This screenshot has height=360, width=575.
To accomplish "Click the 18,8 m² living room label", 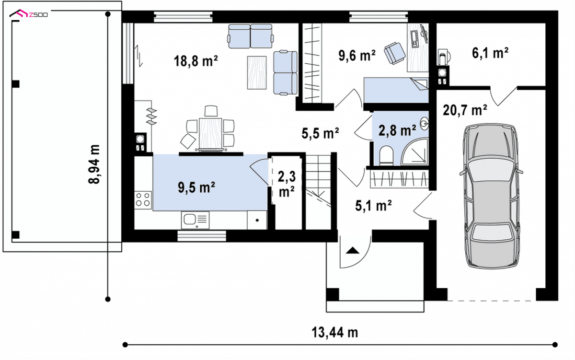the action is click(195, 61).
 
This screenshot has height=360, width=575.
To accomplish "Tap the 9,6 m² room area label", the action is click(357, 55).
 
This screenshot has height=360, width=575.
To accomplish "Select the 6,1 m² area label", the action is click(490, 53).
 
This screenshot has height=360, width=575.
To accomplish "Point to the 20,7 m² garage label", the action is click(465, 110).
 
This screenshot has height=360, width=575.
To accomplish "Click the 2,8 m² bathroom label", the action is click(397, 130).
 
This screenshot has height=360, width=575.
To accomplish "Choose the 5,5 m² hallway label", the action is click(320, 133).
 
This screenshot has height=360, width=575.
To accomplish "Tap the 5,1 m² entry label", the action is click(373, 206).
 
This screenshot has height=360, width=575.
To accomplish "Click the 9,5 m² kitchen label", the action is click(196, 187).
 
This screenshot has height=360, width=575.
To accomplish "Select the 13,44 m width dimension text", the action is click(335, 333).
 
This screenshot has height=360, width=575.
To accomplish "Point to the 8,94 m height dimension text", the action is click(94, 164).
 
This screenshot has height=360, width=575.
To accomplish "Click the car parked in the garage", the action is click(492, 196).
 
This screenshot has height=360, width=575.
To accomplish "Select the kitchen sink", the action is click(195, 220).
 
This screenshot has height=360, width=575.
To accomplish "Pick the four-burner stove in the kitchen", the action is click(143, 200).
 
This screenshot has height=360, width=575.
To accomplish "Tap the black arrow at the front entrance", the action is click(353, 250).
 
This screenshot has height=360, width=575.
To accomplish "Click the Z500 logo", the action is click(28, 13).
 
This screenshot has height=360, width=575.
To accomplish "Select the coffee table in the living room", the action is click(257, 73).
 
